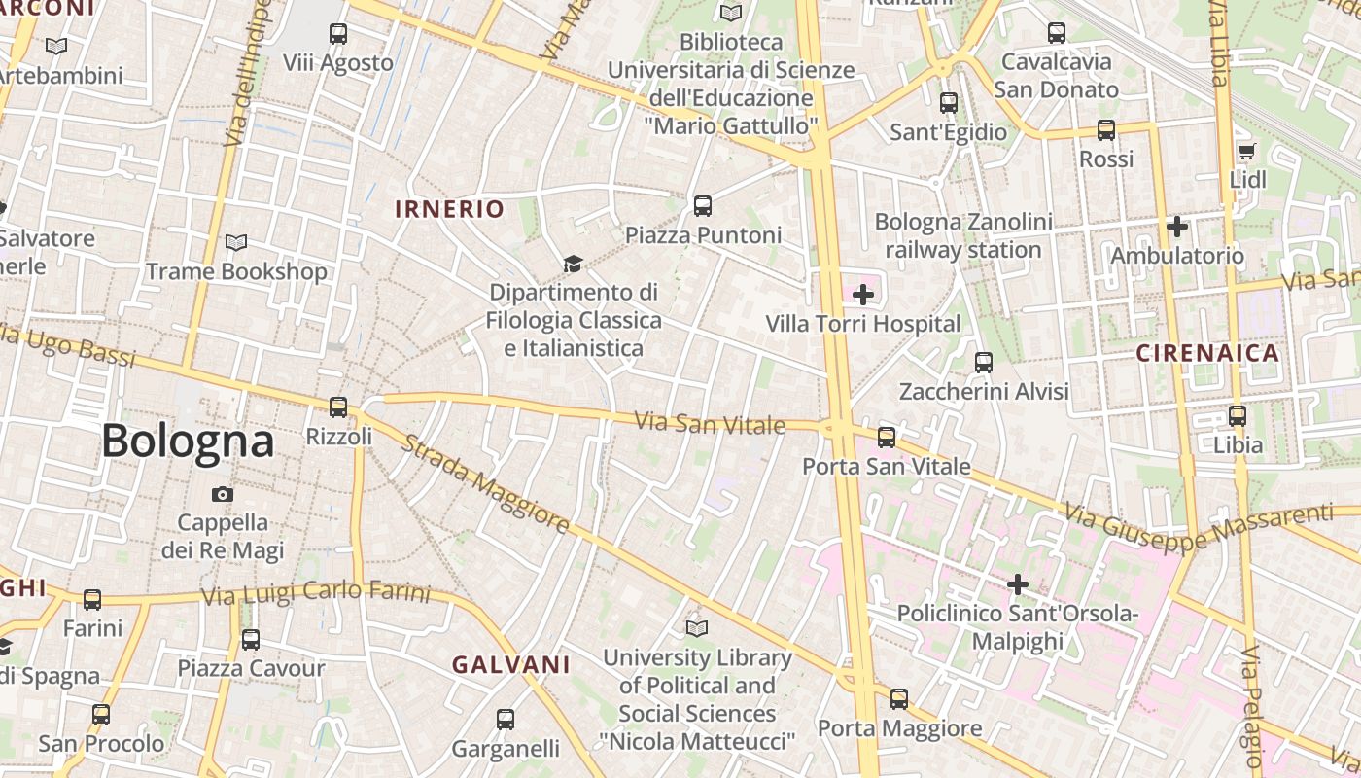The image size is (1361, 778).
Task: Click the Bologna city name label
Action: pos(188,442)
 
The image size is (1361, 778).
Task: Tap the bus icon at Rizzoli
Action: pos(338,407)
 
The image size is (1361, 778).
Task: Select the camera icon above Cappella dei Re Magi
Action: pos(223,494)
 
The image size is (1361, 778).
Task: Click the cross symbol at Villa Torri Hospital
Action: pos(862,294)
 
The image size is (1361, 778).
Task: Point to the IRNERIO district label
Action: pos(449,209)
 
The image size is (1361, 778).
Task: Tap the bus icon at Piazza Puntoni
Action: pos(703,206)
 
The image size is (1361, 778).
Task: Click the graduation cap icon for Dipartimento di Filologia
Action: pos(573,264)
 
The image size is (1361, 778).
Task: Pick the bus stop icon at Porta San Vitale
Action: pos(887,438)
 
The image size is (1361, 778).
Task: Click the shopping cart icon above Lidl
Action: pos(1247,151)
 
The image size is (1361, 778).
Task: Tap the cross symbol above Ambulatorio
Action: pos(1177,228)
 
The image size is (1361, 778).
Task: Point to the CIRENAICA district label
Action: pos(1208,353)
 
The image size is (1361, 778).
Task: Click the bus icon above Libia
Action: pos(1238,416)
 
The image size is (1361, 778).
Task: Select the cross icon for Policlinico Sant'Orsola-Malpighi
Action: pos(1018,584)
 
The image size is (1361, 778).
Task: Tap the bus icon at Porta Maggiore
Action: pos(899,698)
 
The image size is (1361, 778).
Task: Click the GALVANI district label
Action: pos(510,665)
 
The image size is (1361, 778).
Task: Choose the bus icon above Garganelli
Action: pos(506,720)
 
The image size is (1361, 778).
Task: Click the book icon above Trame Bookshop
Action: pos(236,242)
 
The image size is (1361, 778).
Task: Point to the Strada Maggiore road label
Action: pos(485,484)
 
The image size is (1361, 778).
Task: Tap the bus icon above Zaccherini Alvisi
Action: pos(984,363)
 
